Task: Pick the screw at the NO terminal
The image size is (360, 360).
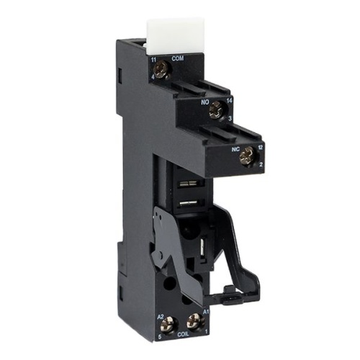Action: (x=215, y=109)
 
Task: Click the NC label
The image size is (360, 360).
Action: (x=236, y=150)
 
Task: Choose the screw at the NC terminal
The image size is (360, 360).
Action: (x=249, y=153)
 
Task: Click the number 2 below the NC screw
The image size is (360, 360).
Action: (x=261, y=163)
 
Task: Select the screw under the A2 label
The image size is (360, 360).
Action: (x=174, y=324)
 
